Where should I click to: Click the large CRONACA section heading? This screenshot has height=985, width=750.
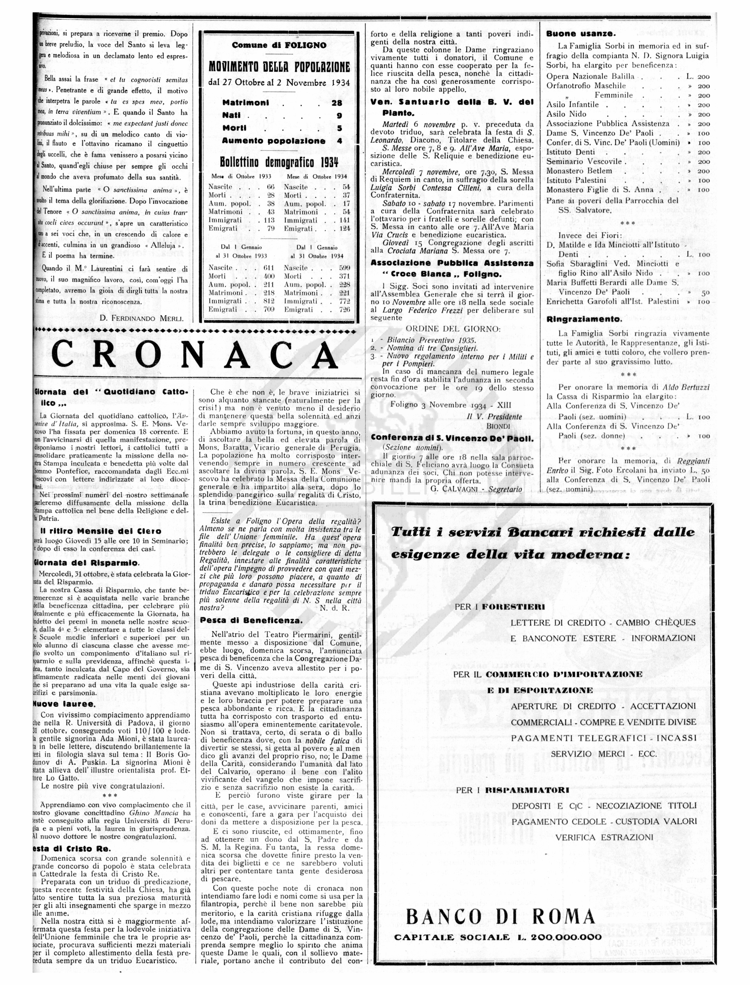[195, 354]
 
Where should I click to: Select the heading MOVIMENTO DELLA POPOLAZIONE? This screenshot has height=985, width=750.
[279, 67]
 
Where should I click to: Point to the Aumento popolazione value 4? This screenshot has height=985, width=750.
[339, 141]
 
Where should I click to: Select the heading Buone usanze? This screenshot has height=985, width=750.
[581, 34]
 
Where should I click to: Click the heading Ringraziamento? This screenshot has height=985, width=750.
[584, 319]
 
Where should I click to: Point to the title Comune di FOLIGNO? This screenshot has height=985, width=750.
[279, 45]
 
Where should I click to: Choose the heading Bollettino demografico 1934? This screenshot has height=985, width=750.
[279, 162]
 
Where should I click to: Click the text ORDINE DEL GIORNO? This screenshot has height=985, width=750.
[453, 329]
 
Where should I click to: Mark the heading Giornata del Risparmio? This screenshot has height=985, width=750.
[87, 563]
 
